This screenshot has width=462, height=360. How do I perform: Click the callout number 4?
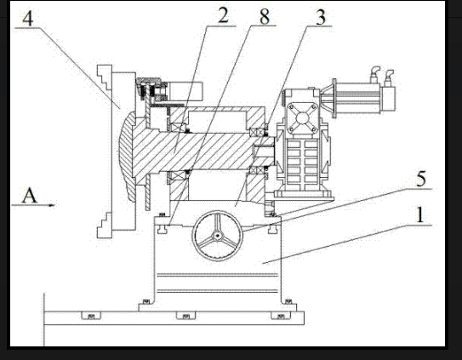(x=28, y=19)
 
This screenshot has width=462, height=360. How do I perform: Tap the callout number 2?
(x=223, y=15)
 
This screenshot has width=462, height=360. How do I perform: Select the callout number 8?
(x=265, y=17)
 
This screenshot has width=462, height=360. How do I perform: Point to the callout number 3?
(x=321, y=17)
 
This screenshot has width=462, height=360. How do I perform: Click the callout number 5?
(x=421, y=179)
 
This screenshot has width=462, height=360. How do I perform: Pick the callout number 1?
(x=420, y=214)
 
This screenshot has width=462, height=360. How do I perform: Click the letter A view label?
(x=30, y=196)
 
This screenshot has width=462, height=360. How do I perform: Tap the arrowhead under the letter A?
(x=52, y=205)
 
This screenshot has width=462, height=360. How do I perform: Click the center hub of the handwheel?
(x=218, y=236)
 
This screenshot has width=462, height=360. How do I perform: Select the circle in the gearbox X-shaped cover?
(x=302, y=118)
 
